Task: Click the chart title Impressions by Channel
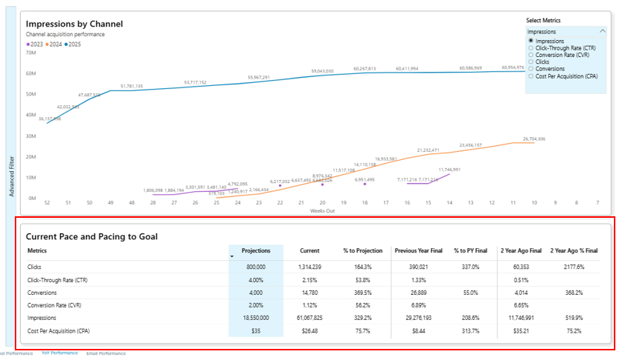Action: point(74,24)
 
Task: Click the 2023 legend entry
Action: point(34,44)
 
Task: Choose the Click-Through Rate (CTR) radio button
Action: point(531,47)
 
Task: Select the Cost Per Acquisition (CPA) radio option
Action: point(531,76)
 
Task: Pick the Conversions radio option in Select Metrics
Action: point(531,69)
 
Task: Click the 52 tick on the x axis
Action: point(47,202)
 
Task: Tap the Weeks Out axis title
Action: point(321,210)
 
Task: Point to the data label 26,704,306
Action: point(533,139)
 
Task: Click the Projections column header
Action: point(256,251)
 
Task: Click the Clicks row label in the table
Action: point(35,265)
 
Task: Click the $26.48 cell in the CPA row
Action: point(310,330)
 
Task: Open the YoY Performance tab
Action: point(59,353)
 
